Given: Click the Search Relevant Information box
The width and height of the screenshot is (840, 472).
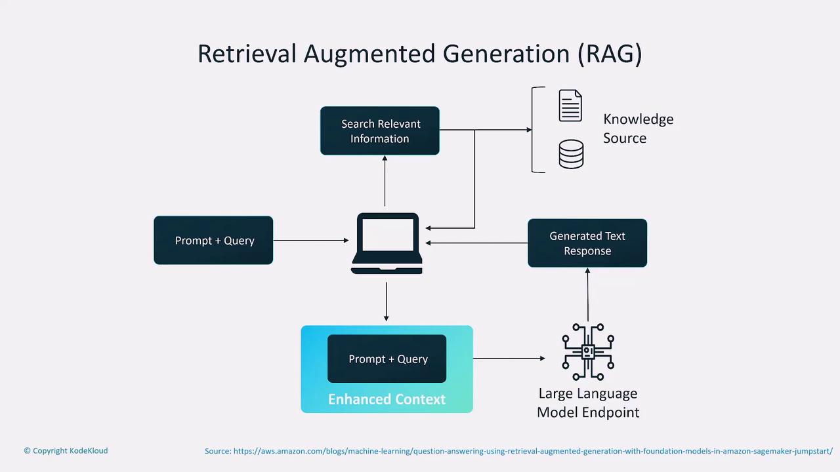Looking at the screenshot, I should pos(379,131).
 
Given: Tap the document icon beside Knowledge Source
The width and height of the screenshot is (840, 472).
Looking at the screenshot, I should pos(570,106).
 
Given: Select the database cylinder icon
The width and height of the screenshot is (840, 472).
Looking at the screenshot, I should pos(570,154).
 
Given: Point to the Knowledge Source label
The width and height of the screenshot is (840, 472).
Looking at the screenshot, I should pos(638,128).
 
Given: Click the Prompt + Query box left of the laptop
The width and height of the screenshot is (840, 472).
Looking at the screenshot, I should pos(213,241).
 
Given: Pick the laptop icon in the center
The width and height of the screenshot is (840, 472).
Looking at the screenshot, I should pos(387,243).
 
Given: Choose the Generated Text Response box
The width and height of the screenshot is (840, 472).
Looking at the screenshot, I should pos(587,243).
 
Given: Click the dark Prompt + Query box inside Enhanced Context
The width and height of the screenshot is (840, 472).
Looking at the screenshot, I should pos(387,359).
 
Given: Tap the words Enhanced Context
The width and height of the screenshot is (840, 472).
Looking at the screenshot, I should pos(387,399).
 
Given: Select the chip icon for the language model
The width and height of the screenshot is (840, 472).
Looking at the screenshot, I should pos(588,352).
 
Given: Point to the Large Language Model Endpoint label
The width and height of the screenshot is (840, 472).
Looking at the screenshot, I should pos(588,403).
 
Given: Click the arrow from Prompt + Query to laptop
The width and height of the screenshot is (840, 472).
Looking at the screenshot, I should pos(310,241).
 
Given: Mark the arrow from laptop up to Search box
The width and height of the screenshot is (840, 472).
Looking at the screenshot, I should pos(385,181).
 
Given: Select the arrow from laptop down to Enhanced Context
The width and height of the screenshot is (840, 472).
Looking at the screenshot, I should pos(386,302).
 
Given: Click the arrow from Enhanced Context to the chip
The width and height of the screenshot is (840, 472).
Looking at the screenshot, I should pos(509,359).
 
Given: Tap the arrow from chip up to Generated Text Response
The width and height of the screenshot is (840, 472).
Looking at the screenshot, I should pos(588,294).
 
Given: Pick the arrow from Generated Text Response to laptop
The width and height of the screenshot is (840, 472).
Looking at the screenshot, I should pos(476,243).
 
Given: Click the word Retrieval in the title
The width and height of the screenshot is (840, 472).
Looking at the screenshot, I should pos(247,54).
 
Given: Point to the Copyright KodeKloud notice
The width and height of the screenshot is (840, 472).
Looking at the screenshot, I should pos(66,451).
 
